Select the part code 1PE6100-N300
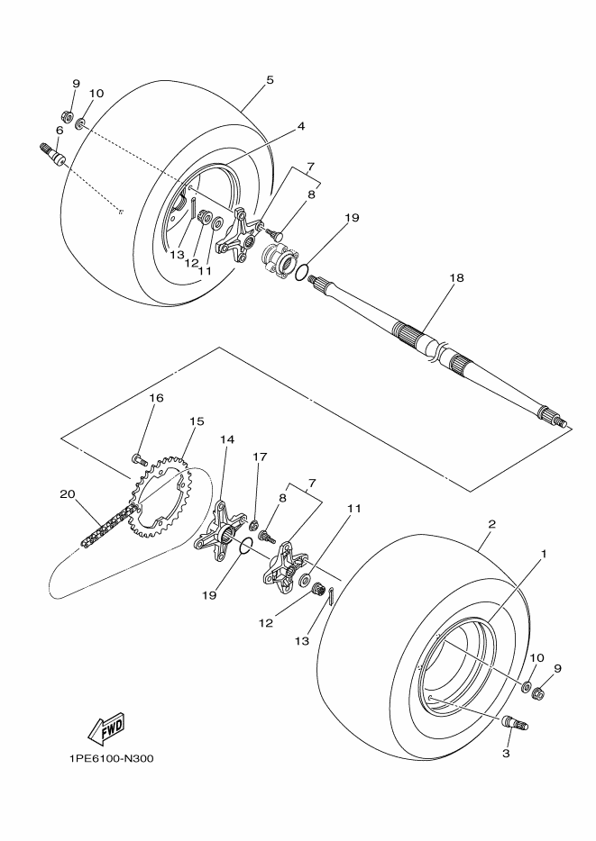(x=111, y=758)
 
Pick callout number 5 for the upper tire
(x=270, y=79)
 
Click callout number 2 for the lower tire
(x=492, y=524)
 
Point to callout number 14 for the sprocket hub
(x=227, y=439)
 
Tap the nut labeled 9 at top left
(x=68, y=115)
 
